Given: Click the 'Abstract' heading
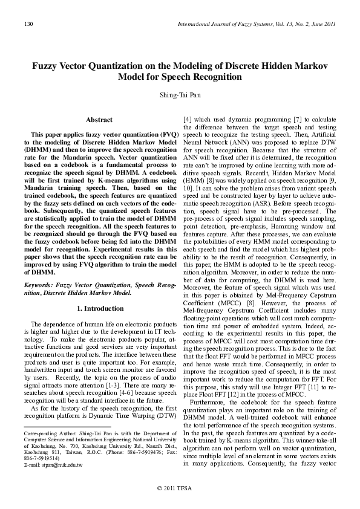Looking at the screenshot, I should [x=99, y=120].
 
